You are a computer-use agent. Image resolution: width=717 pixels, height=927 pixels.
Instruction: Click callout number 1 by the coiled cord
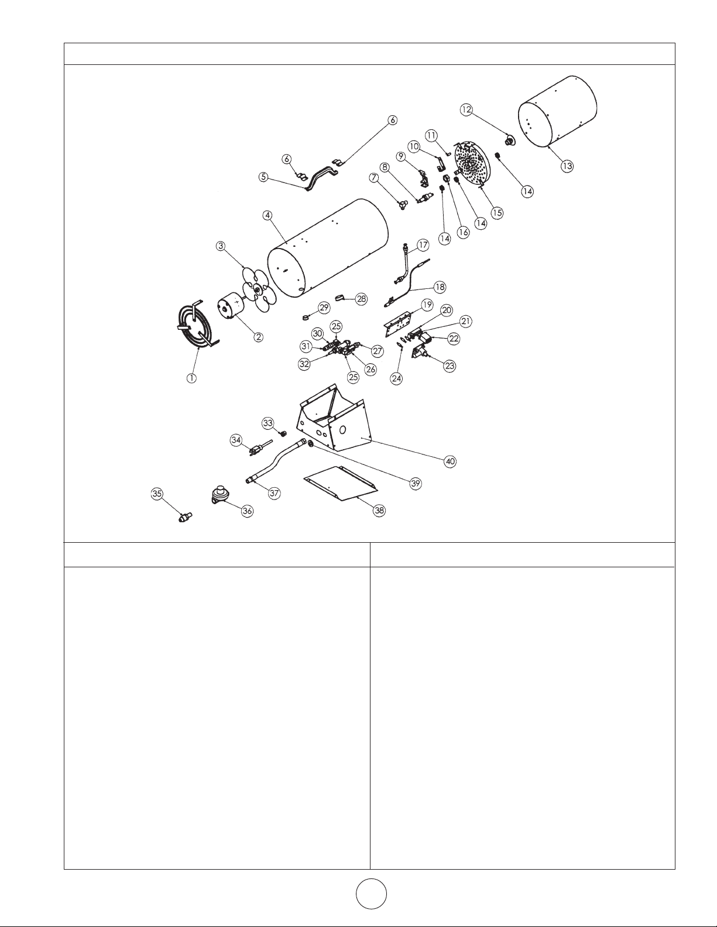(192, 378)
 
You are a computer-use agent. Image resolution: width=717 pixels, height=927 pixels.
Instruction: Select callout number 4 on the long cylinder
(267, 215)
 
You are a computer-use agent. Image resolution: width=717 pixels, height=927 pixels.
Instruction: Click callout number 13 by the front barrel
(567, 166)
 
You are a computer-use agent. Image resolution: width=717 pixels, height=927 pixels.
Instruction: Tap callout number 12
(466, 109)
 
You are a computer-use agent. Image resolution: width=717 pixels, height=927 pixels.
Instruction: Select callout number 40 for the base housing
(450, 461)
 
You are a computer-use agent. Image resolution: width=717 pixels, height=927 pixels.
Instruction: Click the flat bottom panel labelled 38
(340, 483)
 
